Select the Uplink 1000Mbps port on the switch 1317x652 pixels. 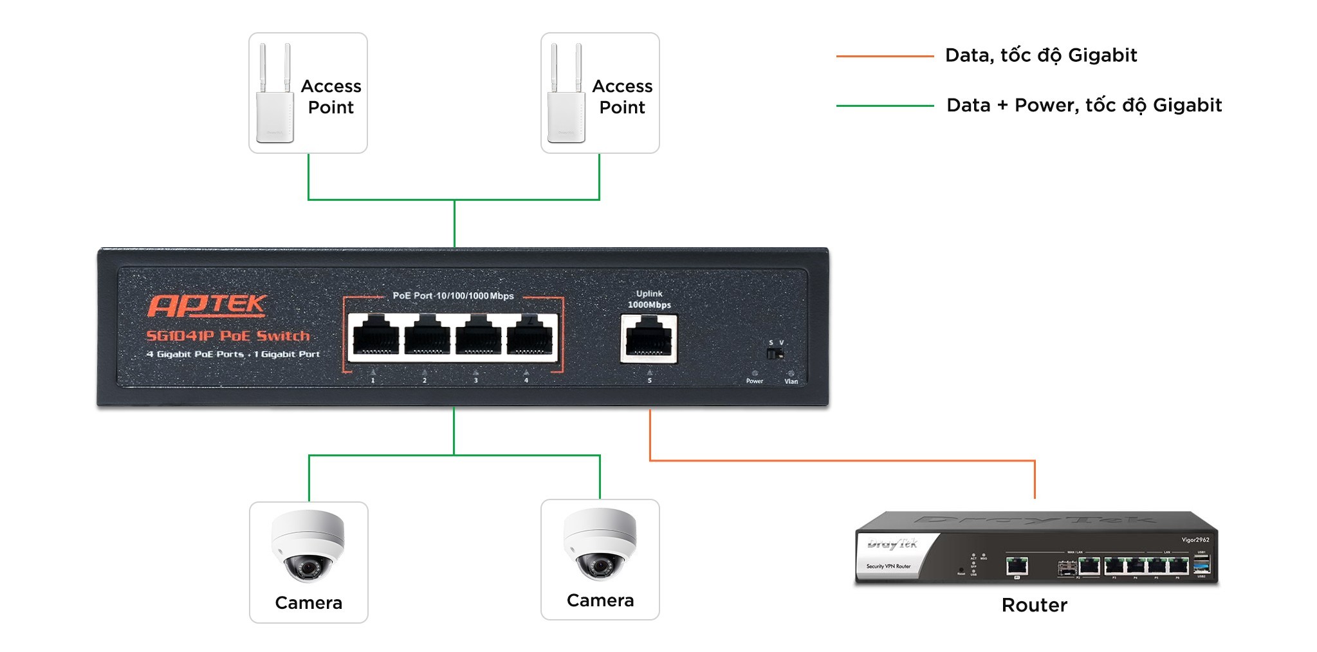point(649,338)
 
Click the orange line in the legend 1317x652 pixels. point(885,57)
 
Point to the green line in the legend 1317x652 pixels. point(885,106)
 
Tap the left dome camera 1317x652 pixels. point(308,546)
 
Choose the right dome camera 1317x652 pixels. point(600,544)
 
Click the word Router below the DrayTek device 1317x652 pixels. point(1034,605)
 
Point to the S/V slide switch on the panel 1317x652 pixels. point(775,354)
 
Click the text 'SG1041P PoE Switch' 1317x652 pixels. point(228,336)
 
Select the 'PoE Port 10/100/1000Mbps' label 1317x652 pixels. point(453,296)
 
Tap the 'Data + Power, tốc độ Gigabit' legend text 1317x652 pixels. point(1083,105)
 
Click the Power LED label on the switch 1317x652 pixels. point(754,381)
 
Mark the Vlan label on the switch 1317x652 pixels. point(791,382)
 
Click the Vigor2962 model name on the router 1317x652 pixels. point(1195,540)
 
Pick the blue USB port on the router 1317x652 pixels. point(1201,566)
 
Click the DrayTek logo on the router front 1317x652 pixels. point(892,544)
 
